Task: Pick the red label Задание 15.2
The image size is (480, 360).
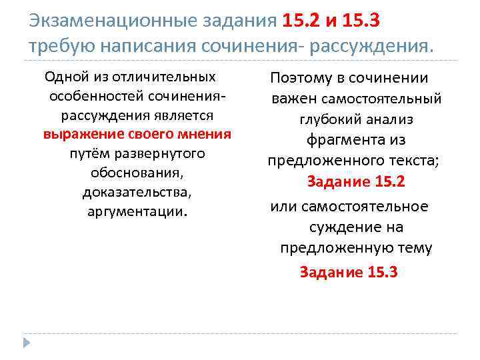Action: (356, 182)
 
